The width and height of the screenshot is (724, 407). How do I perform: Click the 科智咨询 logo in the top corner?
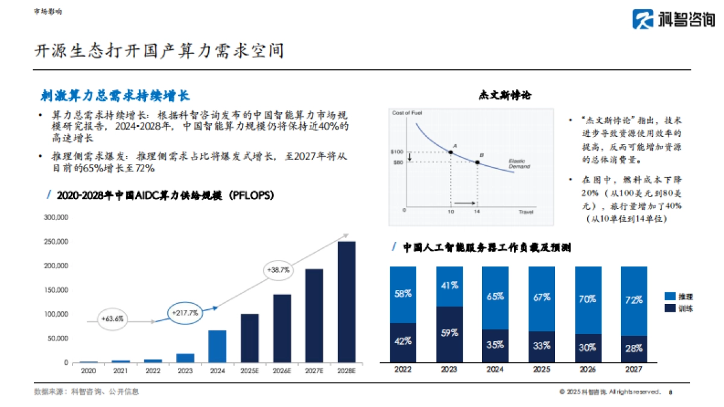673,19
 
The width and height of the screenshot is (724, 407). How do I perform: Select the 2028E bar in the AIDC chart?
346,301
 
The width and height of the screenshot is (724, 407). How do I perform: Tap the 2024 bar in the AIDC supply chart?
217,346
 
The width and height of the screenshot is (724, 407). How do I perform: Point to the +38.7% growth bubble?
277,271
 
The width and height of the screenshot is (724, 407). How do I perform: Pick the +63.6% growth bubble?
113,318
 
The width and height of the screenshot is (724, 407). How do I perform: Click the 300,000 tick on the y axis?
57,218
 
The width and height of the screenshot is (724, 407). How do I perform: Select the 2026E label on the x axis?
282,371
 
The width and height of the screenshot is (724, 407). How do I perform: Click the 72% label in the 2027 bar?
634,300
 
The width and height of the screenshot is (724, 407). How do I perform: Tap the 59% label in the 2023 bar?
449,332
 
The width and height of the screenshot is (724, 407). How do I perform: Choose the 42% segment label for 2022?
403,341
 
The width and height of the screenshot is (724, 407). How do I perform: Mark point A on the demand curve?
451,151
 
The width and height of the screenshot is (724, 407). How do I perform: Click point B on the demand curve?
477,162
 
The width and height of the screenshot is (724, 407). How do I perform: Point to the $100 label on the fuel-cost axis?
397,152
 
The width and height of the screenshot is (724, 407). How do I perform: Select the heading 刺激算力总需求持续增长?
115,95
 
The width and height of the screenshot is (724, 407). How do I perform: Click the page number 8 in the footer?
671,392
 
